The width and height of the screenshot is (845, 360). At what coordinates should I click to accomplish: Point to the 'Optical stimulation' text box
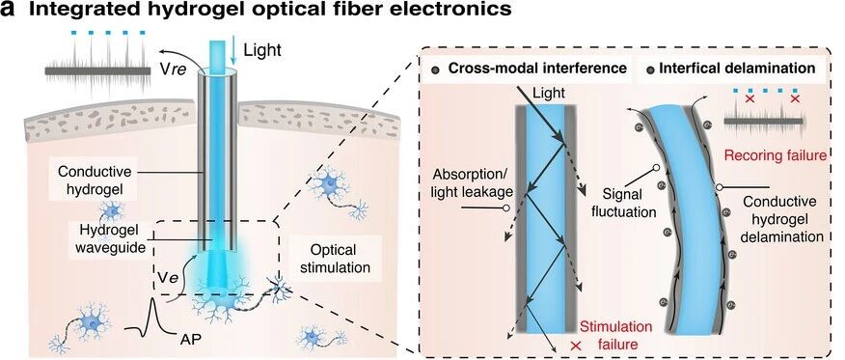click(x=335, y=259)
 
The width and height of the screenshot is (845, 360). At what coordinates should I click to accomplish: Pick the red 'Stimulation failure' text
click(x=615, y=335)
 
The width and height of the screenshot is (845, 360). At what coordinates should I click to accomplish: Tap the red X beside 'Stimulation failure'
click(x=575, y=346)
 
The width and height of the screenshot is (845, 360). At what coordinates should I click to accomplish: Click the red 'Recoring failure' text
click(x=775, y=155)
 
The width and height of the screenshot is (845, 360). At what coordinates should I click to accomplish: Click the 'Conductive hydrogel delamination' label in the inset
click(x=783, y=219)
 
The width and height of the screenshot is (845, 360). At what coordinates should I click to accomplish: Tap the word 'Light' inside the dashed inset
click(x=549, y=93)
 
